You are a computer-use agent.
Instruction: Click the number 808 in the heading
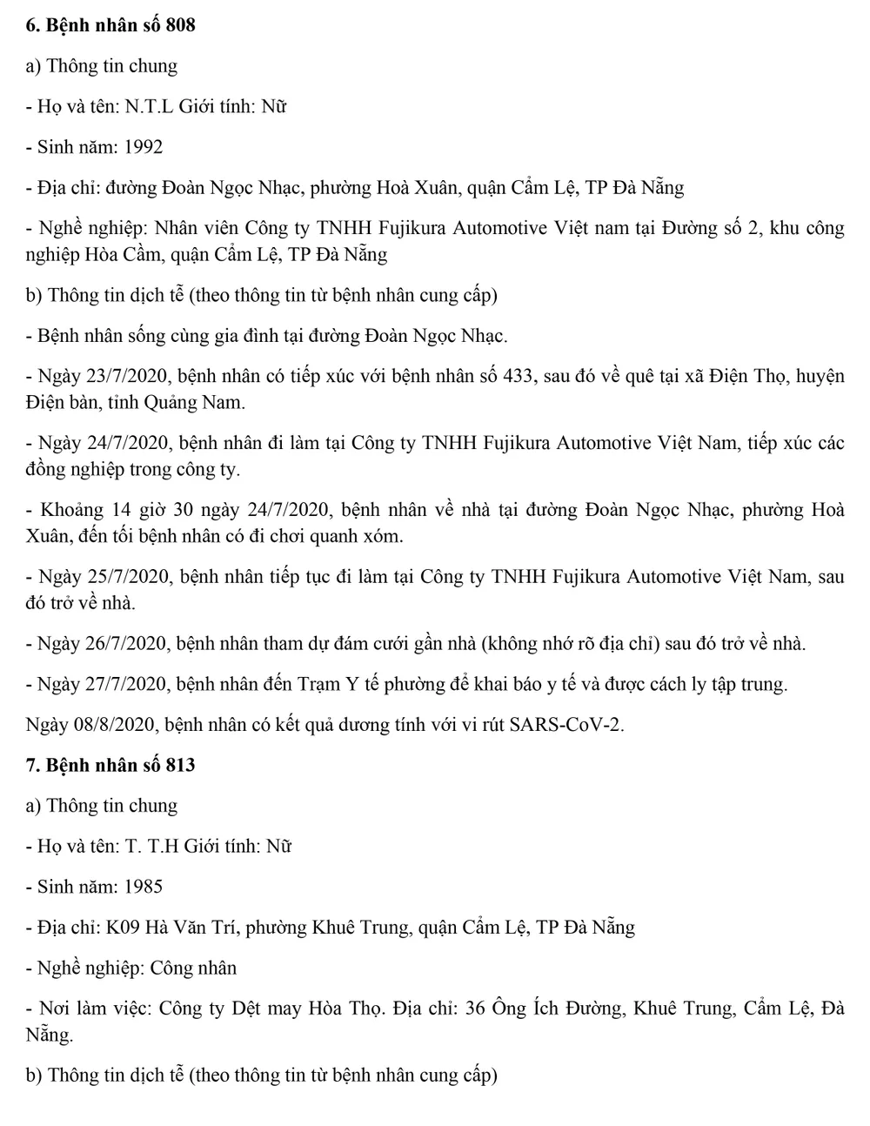[x=180, y=25]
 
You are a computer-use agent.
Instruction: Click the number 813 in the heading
[x=180, y=765]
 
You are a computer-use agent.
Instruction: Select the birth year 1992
[x=144, y=147]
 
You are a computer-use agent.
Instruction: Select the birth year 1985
[x=144, y=887]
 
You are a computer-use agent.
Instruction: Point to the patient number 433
[x=519, y=377]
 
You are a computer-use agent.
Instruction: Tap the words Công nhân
[x=193, y=968]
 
